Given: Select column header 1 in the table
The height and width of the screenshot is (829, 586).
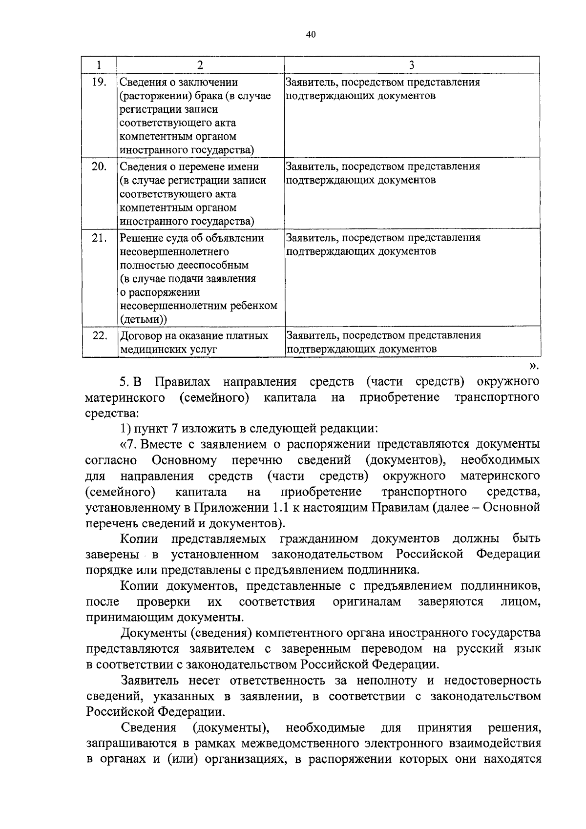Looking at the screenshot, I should (99, 64).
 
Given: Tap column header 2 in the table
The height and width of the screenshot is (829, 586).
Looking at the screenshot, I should (200, 64).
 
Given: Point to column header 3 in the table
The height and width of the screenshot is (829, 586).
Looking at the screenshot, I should (412, 64).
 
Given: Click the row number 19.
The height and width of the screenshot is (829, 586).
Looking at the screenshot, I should (99, 82).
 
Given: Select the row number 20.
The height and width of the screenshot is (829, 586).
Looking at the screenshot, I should (99, 166).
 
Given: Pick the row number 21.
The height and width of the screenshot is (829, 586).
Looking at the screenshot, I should (99, 238).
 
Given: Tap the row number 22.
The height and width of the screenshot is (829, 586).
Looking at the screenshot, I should (99, 335).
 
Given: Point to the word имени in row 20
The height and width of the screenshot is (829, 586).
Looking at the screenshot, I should (242, 166).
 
